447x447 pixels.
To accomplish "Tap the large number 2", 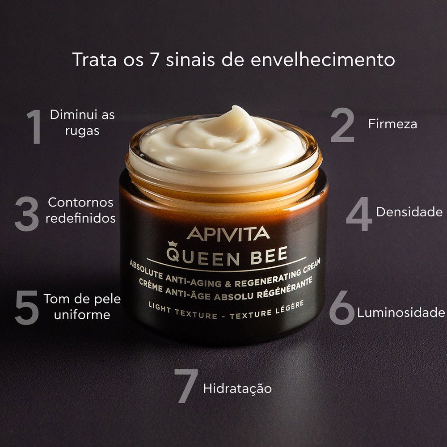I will point(342,125).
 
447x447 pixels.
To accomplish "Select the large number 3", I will point(27,214).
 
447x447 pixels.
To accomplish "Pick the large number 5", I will point(27,308).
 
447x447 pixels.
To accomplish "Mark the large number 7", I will point(186,386).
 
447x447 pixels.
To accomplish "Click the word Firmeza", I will point(392,124).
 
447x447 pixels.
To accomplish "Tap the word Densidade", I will point(409,212).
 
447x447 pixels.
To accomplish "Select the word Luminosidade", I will point(401,312).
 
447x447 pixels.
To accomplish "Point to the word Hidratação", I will point(237,388).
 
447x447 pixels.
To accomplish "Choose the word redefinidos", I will point(81,218).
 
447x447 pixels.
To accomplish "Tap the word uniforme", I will point(82,314).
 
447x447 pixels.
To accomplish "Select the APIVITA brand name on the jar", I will point(228,233).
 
